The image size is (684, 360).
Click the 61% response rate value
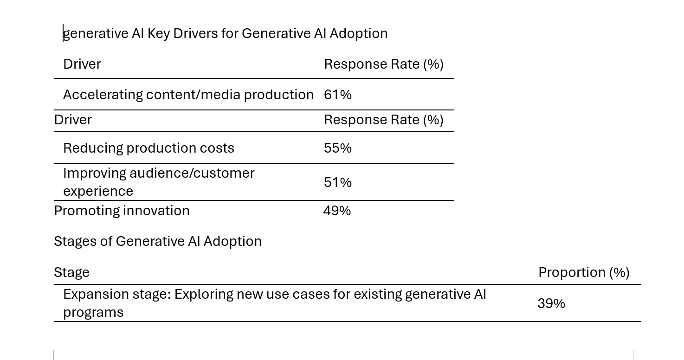(338, 95)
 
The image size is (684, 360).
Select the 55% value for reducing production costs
(338, 148)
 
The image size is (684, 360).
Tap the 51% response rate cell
(338, 182)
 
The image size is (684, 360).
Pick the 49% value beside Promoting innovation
(337, 211)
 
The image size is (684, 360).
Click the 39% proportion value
(551, 303)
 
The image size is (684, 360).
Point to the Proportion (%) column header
(584, 272)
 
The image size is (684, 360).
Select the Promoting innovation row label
(122, 211)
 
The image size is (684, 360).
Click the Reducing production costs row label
(148, 148)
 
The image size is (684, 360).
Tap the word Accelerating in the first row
(103, 95)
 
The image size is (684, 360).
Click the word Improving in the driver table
(94, 174)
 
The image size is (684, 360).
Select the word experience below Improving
(98, 192)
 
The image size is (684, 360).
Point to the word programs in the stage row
(93, 313)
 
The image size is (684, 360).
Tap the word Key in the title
(159, 33)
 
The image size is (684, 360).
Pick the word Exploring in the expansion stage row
(204, 295)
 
